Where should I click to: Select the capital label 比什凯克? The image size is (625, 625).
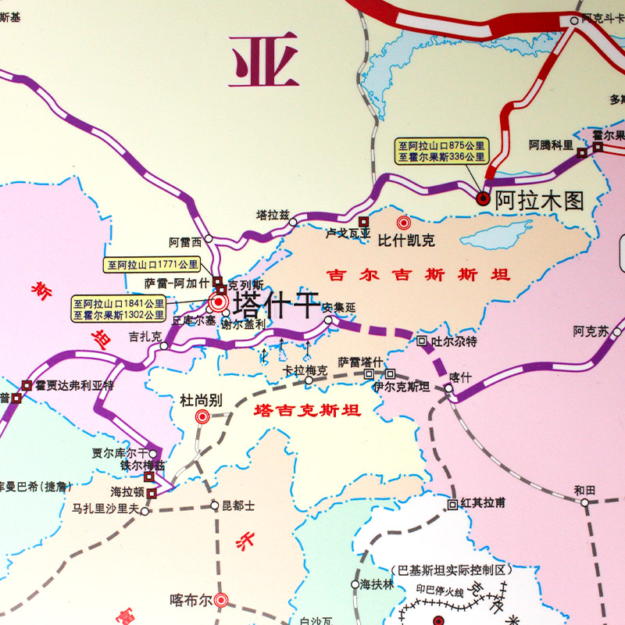tap(405, 241)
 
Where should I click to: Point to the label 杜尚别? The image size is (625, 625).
tap(202, 401)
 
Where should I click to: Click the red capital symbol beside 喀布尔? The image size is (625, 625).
tap(221, 600)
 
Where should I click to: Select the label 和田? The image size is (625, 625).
tap(584, 490)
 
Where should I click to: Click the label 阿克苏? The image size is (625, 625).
tap(590, 331)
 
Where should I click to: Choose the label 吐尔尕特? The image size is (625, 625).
tap(454, 341)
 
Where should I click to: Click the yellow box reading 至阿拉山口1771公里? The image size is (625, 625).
tap(152, 265)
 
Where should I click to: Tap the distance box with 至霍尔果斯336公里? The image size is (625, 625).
tap(441, 156)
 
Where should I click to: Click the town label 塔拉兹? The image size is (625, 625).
tap(273, 213)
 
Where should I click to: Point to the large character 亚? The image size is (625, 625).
tap(264, 59)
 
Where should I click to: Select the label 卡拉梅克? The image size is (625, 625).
tap(305, 370)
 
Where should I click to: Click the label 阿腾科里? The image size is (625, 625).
tap(551, 145)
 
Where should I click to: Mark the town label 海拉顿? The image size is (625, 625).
tap(127, 493)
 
